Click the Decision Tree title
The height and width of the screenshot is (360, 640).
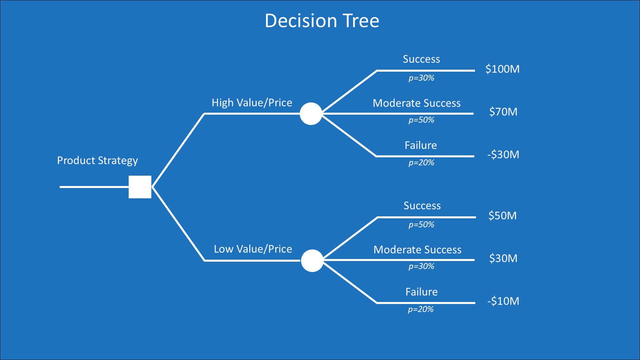pos(322,21)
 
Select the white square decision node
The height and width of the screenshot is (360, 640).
pos(140,187)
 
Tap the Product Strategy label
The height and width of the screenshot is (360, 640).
pos(97,161)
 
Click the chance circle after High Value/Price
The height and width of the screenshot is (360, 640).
pos(311,114)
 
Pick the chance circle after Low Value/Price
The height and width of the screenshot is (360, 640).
pos(312,261)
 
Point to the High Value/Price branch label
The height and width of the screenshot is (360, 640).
pos(252,103)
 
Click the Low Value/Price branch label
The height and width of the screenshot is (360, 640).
pos(253,249)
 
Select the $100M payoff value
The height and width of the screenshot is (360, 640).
pos(502,69)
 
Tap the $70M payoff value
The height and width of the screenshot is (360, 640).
pos(503,112)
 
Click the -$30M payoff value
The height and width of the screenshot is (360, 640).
pos(503,155)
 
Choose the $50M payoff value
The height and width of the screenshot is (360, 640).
pos(502,216)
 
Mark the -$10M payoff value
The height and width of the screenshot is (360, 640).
pos(503,301)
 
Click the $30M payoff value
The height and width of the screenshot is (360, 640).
pos(503,258)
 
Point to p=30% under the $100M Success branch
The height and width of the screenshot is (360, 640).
pos(421,78)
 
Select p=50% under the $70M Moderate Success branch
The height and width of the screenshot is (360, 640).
pos(421,120)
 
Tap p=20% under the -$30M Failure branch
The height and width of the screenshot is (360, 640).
pos(421,163)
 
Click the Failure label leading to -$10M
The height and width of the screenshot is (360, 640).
pos(421,292)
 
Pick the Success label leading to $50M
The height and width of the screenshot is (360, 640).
pos(422,206)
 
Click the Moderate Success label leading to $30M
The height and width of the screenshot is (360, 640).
pos(417,250)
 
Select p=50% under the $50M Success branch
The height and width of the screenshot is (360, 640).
pos(421,225)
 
